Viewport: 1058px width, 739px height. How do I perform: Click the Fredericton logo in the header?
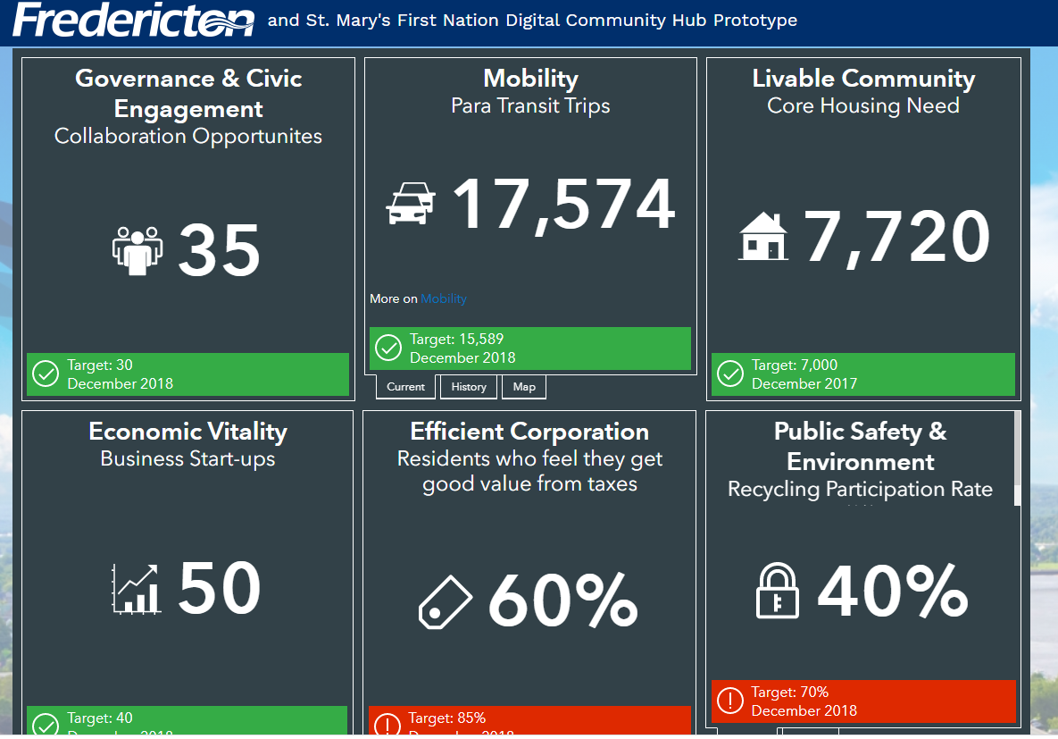(134, 20)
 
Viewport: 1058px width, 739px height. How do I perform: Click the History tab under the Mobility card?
(469, 387)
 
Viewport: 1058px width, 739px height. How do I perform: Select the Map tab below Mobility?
(524, 387)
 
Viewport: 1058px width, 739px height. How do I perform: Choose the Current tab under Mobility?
(406, 387)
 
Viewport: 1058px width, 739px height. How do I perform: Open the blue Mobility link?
(444, 298)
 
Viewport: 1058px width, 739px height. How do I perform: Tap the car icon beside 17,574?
(411, 203)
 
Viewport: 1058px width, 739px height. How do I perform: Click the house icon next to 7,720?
(764, 237)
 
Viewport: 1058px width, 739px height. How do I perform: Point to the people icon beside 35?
(137, 250)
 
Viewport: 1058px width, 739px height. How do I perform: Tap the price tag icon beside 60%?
(446, 600)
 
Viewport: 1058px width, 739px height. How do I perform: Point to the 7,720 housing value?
(896, 238)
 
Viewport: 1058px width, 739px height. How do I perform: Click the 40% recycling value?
(893, 591)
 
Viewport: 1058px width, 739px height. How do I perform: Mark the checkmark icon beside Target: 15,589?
(388, 348)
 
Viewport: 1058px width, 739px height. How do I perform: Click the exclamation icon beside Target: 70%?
(730, 701)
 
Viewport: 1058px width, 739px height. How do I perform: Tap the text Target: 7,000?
(795, 365)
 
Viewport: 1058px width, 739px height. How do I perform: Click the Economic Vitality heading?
(187, 432)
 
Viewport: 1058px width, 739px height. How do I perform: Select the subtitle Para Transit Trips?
(530, 105)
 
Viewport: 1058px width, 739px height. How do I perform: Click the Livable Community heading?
(863, 79)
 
